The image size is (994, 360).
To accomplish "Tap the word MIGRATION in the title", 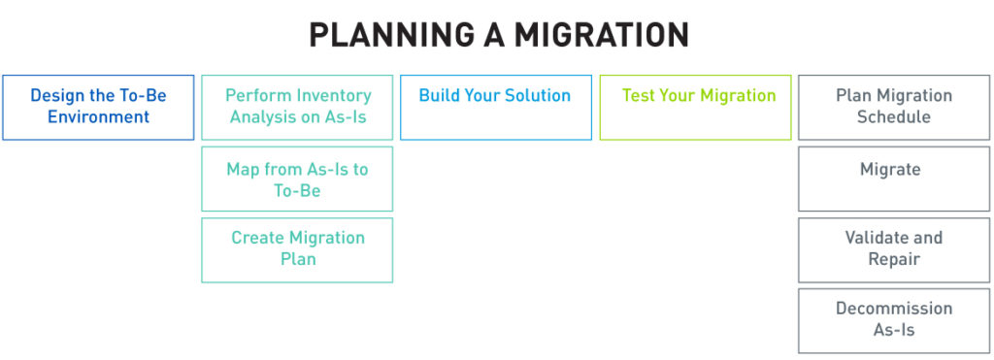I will click(x=602, y=36).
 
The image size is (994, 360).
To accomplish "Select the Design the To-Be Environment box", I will click(x=98, y=108).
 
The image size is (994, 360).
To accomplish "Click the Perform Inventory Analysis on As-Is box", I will click(x=297, y=108).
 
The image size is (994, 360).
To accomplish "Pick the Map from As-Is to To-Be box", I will click(x=297, y=180).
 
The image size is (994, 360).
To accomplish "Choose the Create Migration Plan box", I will click(x=297, y=250).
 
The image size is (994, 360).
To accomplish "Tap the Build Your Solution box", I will click(x=495, y=108).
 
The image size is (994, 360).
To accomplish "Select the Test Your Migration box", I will click(x=695, y=108).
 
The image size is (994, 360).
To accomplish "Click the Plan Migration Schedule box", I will click(x=894, y=108).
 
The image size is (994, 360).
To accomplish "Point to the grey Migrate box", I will click(x=894, y=179).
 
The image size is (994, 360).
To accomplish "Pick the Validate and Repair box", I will click(x=894, y=249).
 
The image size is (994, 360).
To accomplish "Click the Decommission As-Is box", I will click(x=894, y=320).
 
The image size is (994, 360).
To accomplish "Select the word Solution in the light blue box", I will click(x=537, y=96).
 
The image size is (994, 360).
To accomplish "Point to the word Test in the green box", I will click(x=639, y=96).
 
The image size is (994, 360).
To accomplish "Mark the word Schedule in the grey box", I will click(x=894, y=117).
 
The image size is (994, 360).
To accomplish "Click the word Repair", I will click(x=894, y=259).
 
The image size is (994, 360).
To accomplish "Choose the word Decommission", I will click(x=894, y=309).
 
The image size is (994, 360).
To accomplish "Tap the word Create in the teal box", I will click(x=258, y=238).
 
